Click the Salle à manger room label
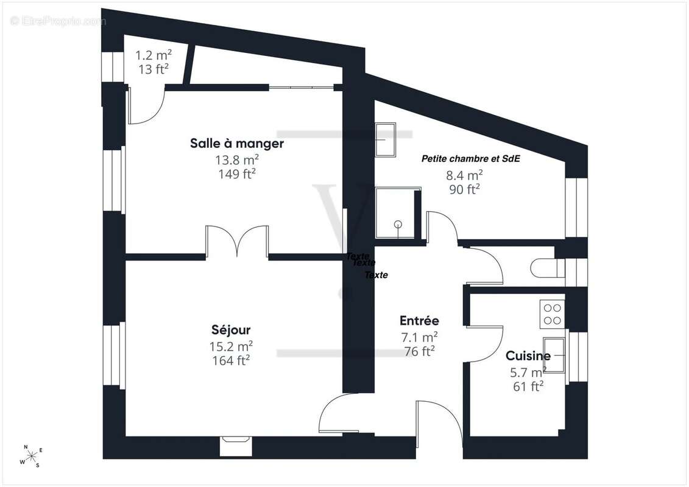click(x=237, y=143)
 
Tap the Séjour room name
click(x=231, y=330)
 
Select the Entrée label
click(x=419, y=321)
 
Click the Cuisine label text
click(x=528, y=356)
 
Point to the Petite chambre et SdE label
click(x=471, y=158)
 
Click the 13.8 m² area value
click(x=237, y=159)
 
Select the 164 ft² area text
click(x=231, y=360)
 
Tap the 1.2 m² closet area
click(x=154, y=55)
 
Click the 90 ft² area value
click(x=464, y=189)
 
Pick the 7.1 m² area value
click(x=419, y=337)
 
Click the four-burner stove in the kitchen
click(x=553, y=314)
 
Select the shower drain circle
click(x=398, y=224)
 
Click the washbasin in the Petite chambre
click(x=386, y=139)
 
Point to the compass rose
click(x=31, y=457)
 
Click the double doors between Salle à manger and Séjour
click(x=237, y=241)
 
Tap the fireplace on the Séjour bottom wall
click(x=236, y=446)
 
